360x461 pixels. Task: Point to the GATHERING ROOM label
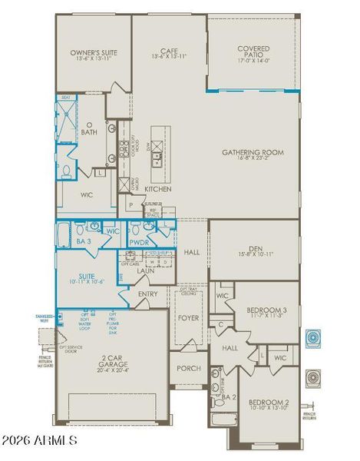point(253,152)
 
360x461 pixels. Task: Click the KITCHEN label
point(157,189)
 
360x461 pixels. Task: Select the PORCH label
point(189,368)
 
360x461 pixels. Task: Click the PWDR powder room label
point(139,241)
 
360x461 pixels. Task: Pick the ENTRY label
point(148,294)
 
